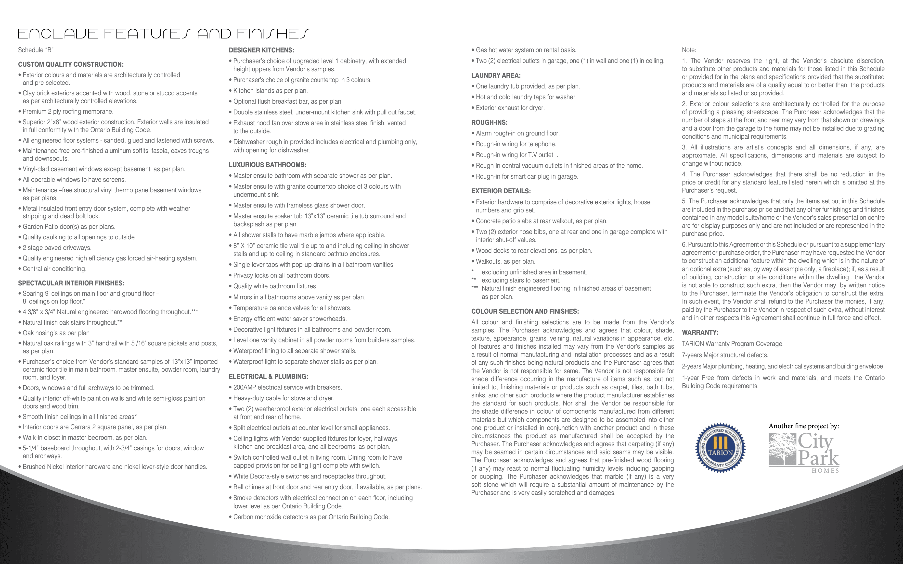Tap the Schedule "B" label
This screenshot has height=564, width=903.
pyautogui.click(x=36, y=50)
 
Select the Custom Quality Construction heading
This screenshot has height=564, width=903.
pyautogui.click(x=71, y=64)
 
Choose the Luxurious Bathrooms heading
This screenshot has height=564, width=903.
pyautogui.click(x=267, y=165)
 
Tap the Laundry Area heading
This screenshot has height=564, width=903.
pyautogui.click(x=496, y=75)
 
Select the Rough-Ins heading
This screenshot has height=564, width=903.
pyautogui.click(x=489, y=122)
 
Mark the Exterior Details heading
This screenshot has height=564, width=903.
pyautogui.click(x=501, y=191)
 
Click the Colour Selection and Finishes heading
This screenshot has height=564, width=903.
pyautogui.click(x=525, y=311)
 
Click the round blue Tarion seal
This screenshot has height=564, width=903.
pyautogui.click(x=720, y=448)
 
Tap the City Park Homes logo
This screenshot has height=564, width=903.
pyautogui.click(x=804, y=453)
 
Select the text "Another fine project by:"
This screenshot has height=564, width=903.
pyautogui.click(x=803, y=426)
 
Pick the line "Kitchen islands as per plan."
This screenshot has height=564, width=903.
pyautogui.click(x=270, y=91)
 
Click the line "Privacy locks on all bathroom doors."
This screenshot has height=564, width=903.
pyautogui.click(x=282, y=275)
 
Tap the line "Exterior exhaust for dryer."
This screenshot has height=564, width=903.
pyautogui.click(x=510, y=108)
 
